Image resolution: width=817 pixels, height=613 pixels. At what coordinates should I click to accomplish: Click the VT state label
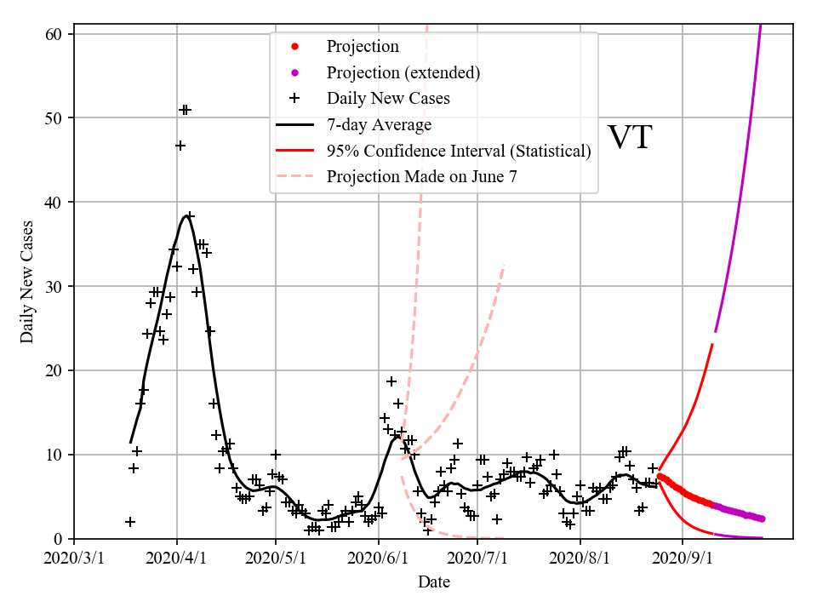click(629, 138)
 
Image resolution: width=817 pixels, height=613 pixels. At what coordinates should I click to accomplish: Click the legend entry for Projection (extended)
click(403, 72)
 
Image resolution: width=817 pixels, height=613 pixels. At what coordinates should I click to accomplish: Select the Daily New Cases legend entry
click(388, 99)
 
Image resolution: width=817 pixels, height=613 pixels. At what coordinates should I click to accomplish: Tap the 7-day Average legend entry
click(379, 125)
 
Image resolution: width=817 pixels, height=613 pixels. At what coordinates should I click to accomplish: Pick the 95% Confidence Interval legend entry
click(458, 152)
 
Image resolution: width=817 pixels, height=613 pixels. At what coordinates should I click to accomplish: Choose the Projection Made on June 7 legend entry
click(421, 177)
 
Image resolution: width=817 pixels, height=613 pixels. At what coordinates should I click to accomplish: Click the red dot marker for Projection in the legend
click(294, 46)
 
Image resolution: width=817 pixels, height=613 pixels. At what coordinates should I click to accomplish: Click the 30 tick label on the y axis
click(57, 286)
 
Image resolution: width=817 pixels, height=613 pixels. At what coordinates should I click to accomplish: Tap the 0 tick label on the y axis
click(61, 539)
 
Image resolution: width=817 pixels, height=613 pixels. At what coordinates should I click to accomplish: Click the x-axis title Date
click(433, 582)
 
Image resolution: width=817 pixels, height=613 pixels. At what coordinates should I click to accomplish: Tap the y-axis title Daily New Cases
click(27, 282)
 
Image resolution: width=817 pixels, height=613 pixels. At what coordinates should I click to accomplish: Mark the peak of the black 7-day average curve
click(186, 215)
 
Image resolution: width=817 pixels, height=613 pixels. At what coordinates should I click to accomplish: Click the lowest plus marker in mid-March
click(130, 522)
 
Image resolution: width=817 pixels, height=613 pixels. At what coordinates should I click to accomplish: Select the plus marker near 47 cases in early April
click(180, 146)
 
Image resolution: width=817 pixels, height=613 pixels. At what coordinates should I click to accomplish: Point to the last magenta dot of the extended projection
click(762, 518)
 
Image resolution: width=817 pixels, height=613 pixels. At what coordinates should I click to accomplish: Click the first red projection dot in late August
click(660, 476)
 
